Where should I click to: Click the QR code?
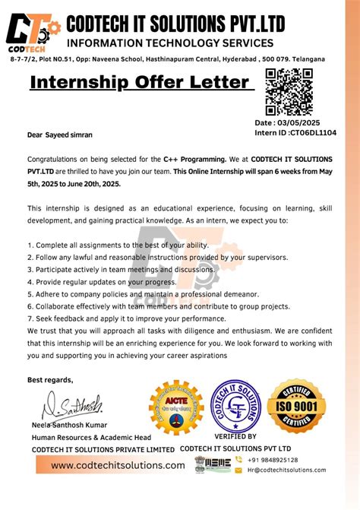pyautogui.click(x=290, y=91)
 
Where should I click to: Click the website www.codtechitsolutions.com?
pyautogui.click(x=118, y=465)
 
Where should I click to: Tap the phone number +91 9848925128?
pyautogui.click(x=273, y=460)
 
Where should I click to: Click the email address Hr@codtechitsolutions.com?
pyautogui.click(x=286, y=470)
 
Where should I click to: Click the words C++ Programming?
pyautogui.click(x=194, y=159)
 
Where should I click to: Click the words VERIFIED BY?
pyautogui.click(x=235, y=437)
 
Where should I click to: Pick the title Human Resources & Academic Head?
pyautogui.click(x=91, y=437)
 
